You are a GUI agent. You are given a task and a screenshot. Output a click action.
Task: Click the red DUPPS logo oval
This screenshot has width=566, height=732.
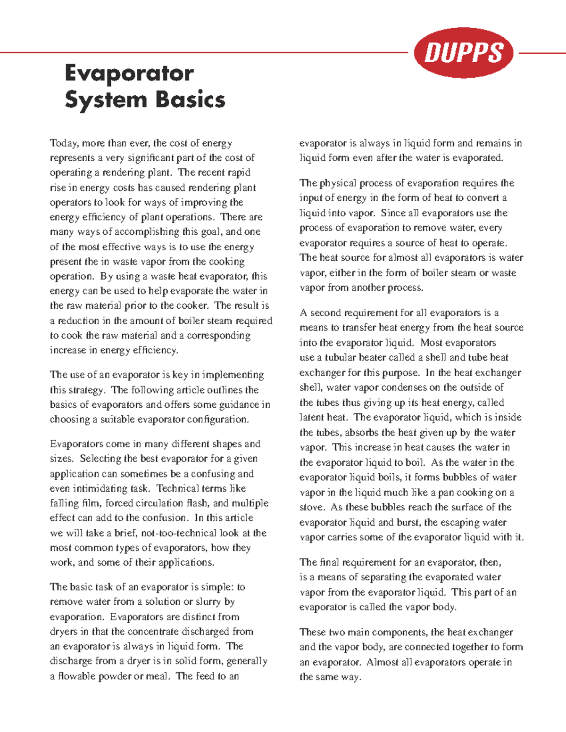click(464, 52)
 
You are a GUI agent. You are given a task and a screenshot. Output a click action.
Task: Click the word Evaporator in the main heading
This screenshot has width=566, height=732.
click(129, 74)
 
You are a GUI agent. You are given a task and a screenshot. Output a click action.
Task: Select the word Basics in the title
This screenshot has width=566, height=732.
click(190, 100)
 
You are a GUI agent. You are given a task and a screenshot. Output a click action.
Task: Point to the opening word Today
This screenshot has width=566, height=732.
click(64, 143)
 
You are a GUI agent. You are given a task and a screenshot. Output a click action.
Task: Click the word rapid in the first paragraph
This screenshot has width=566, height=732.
click(239, 173)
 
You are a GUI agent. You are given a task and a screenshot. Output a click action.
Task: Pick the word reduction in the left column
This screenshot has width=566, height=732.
click(78, 321)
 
